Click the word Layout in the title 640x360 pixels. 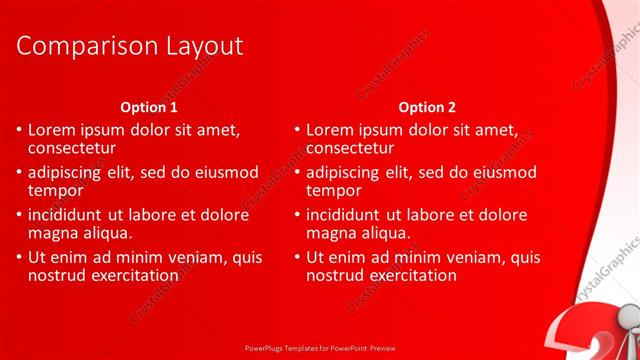[196, 46]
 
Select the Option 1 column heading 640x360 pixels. [149, 107]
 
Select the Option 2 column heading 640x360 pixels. [426, 107]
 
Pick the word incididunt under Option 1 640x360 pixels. [68, 214]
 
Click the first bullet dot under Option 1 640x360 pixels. [18, 131]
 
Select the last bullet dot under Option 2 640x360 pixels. [296, 257]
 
